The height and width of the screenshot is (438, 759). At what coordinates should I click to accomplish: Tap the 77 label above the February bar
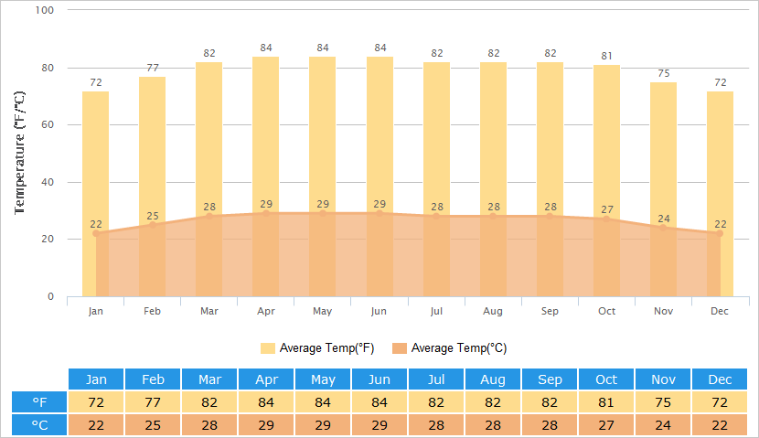[x=153, y=68]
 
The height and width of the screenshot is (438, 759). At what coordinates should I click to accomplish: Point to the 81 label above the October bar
[x=606, y=56]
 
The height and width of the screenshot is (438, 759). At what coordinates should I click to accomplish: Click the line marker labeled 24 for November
[x=664, y=228]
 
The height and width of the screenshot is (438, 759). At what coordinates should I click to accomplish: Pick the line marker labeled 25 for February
[x=153, y=225]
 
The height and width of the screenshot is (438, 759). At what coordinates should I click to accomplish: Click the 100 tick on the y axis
[x=45, y=10]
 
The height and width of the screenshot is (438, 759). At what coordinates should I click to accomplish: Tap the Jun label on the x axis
[x=379, y=312]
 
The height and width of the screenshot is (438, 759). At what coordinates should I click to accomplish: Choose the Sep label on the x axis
[x=550, y=312]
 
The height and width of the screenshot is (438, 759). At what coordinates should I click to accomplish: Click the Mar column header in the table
[x=209, y=379]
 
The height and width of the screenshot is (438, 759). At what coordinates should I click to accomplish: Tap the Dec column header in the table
[x=720, y=379]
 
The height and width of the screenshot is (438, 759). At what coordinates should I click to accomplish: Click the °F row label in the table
[x=39, y=402]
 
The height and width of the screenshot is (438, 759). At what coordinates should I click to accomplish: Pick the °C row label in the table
[x=39, y=425]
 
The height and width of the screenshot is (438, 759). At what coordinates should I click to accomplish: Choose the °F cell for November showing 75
[x=663, y=402]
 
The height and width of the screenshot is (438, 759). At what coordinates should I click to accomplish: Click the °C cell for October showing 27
[x=606, y=425]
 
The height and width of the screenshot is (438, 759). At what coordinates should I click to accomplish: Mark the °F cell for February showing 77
[x=153, y=402]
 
